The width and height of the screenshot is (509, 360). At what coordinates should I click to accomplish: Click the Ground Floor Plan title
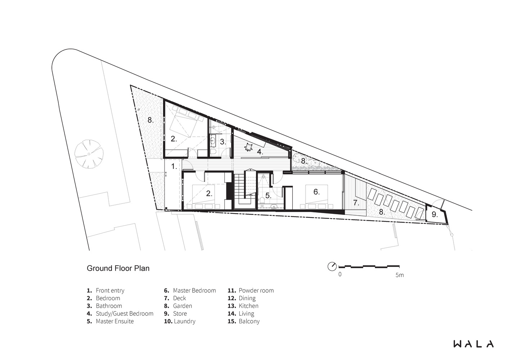[x=118, y=269]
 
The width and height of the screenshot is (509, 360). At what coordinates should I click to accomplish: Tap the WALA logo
[x=474, y=344]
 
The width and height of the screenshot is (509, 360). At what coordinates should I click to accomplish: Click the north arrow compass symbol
[x=332, y=267]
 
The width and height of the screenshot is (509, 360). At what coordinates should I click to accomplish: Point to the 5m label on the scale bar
[x=400, y=275]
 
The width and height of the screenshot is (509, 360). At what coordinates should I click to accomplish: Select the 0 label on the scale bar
[x=340, y=274]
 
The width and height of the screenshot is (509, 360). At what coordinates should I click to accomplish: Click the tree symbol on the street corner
[x=89, y=154]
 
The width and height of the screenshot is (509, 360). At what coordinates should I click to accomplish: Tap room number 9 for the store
[x=434, y=214]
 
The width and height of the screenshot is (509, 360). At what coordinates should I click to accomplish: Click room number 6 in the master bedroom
[x=316, y=192]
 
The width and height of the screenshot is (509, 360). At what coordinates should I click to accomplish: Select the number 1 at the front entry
[x=174, y=166]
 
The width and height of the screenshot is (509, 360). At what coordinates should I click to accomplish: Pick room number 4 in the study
[x=260, y=152]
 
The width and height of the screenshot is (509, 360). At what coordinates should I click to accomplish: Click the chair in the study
[x=249, y=147]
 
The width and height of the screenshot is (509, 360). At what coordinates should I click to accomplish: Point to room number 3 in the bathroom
[x=223, y=142]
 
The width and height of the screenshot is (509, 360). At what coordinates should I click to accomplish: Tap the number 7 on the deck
[x=356, y=202]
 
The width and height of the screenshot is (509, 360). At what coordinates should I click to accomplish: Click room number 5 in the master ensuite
[x=268, y=195]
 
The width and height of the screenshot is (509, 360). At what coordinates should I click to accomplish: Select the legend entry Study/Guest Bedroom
[x=125, y=314]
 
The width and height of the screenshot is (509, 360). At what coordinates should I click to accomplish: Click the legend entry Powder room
[x=256, y=291]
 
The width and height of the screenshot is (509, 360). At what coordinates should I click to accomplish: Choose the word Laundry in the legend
[x=185, y=321]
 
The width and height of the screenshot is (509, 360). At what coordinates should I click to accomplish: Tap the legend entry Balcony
[x=249, y=321]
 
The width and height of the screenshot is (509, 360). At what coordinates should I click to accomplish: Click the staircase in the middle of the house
[x=245, y=190]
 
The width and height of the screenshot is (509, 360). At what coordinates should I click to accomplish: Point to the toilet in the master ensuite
[x=262, y=200]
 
